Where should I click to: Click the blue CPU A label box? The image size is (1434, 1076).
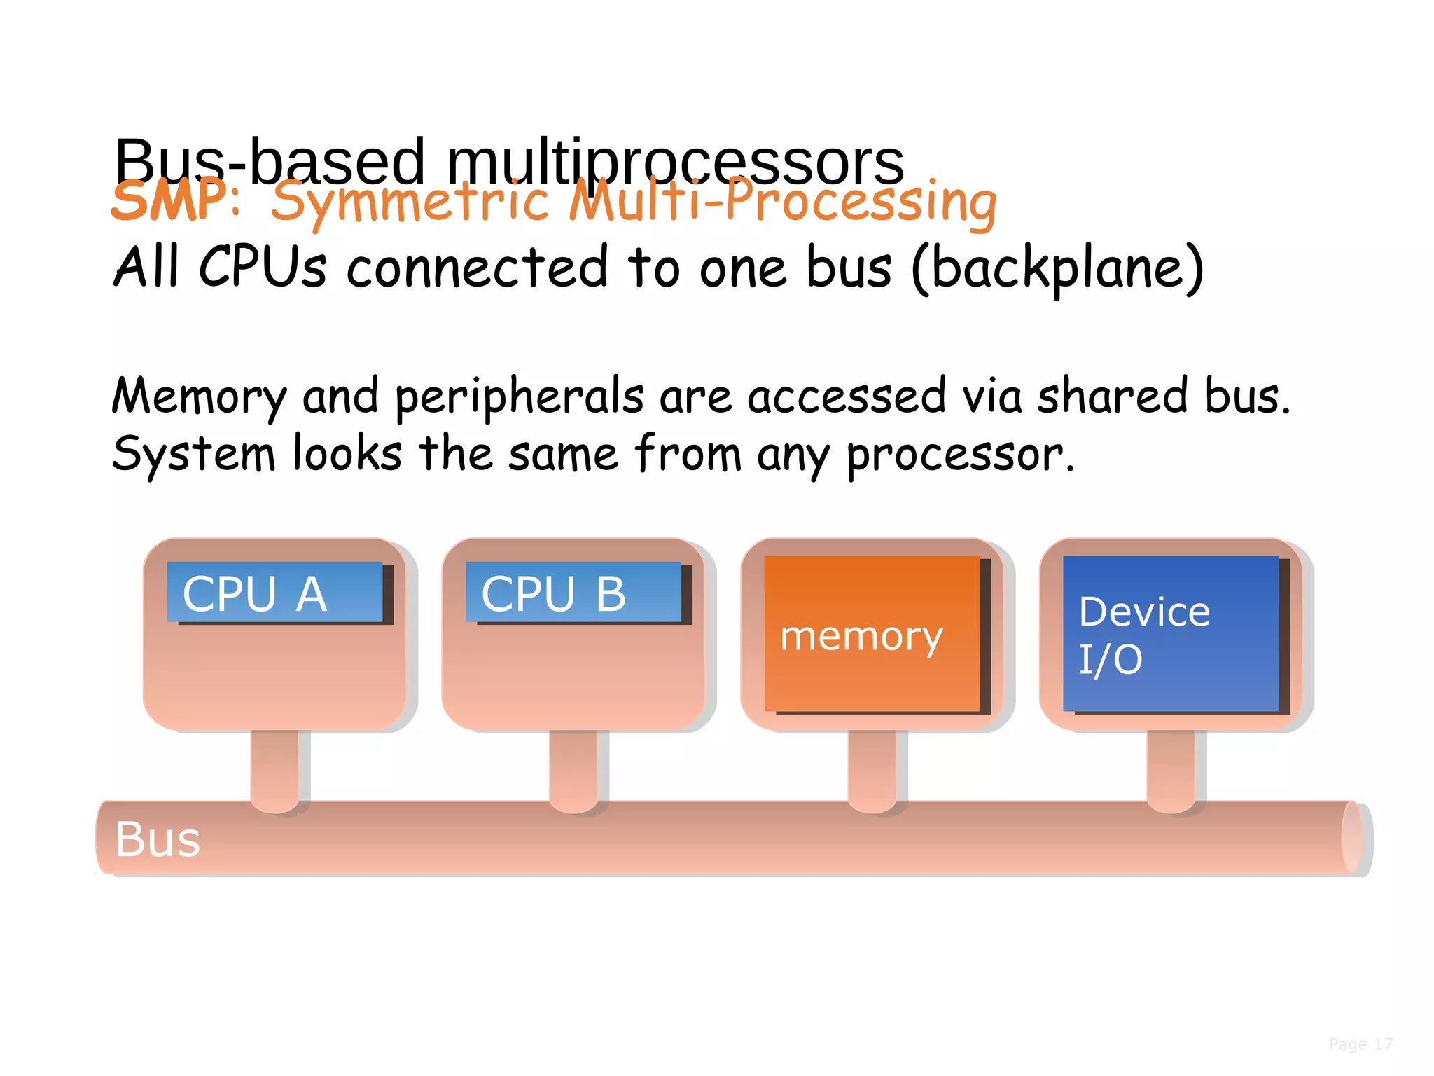(x=274, y=593)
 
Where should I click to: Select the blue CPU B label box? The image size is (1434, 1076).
(x=573, y=593)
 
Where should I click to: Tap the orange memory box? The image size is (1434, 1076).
(x=872, y=634)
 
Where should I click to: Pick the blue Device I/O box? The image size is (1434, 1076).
(x=1171, y=634)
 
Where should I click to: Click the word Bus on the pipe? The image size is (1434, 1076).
(x=158, y=839)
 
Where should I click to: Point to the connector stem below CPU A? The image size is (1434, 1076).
(x=274, y=767)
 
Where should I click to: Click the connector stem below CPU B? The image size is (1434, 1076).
(x=573, y=767)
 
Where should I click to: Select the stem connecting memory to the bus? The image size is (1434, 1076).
(x=872, y=767)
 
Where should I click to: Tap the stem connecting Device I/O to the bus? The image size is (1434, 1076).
(x=1171, y=767)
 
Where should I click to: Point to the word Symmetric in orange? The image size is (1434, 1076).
(x=410, y=203)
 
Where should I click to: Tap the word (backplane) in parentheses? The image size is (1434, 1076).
(x=1057, y=268)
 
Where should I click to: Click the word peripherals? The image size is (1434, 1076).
(x=519, y=397)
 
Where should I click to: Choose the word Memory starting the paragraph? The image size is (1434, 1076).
(x=199, y=397)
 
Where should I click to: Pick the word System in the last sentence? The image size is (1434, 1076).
(x=193, y=455)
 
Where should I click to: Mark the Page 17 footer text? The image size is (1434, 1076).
(x=1360, y=1044)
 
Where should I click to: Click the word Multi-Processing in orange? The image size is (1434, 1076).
(x=783, y=203)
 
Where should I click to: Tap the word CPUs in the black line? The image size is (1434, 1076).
(x=263, y=268)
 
